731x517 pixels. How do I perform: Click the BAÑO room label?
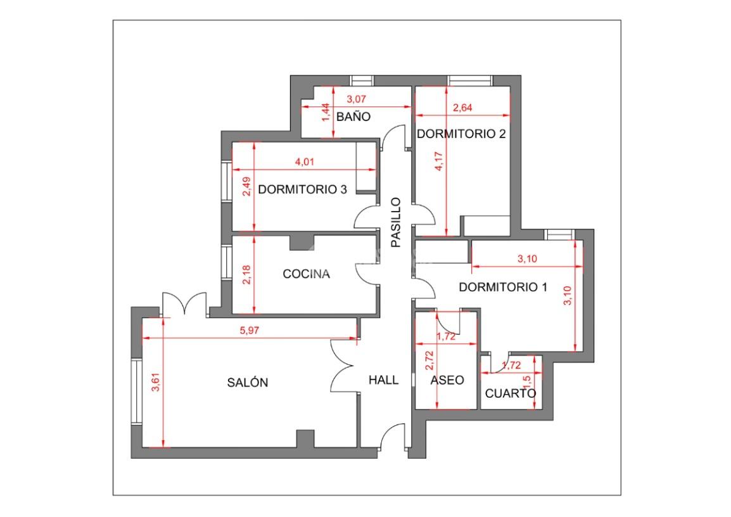tap(353, 117)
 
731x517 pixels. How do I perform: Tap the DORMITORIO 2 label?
tap(461, 134)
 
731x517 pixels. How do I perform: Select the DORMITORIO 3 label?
tap(302, 189)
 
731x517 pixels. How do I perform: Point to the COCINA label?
tap(307, 274)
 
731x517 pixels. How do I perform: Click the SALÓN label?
tap(248, 382)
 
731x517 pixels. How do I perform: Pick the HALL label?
tap(384, 380)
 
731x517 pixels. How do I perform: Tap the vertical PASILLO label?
tap(396, 222)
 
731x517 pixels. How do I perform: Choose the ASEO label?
tap(447, 380)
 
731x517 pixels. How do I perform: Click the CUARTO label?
tap(511, 393)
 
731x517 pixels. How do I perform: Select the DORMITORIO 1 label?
tap(503, 287)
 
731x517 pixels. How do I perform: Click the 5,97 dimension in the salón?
tap(250, 331)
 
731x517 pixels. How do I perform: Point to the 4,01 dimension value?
tap(305, 162)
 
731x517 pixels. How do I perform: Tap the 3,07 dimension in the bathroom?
tap(356, 99)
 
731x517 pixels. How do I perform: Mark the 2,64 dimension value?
tap(462, 108)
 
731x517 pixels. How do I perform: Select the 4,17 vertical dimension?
tap(439, 162)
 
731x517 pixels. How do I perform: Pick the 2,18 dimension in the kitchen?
tap(246, 274)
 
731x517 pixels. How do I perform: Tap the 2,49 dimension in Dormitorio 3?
tap(246, 186)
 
